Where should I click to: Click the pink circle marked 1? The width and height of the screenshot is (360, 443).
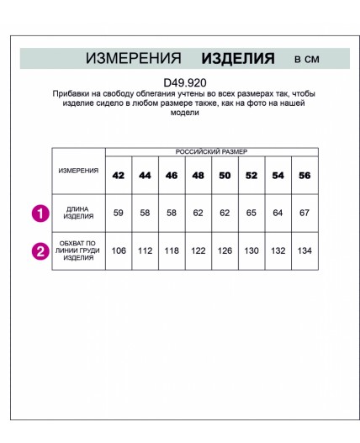pos(40,213)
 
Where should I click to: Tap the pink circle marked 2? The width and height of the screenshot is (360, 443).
pos(40,250)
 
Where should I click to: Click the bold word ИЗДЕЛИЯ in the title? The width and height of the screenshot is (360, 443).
pos(238,58)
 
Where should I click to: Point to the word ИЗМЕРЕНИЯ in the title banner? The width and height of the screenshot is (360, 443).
pos(134,58)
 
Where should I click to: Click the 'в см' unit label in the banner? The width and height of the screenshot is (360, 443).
pos(306,59)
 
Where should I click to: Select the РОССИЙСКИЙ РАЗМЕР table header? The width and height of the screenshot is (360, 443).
pos(211,151)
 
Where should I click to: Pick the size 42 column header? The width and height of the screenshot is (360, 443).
pos(119,176)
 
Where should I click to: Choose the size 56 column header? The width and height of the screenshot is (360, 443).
pos(304,176)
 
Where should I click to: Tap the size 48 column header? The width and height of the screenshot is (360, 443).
pos(198,176)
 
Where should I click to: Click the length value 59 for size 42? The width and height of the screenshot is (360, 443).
pos(119,213)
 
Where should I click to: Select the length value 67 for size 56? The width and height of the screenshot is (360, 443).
pos(304,213)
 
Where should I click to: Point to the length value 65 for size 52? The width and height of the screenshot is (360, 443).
pos(251,213)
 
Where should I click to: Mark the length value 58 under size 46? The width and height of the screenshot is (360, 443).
pos(172,213)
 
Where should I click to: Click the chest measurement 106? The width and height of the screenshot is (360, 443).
pos(119,250)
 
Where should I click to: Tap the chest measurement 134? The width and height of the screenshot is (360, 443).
pos(304,250)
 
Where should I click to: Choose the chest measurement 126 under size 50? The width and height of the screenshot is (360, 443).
pos(225,250)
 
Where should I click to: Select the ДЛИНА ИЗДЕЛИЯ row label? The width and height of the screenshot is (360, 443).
pos(78,213)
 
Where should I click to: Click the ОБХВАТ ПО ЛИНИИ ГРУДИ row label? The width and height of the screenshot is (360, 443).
pos(78,250)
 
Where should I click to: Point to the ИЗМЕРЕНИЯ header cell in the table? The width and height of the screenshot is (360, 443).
pos(78,170)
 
